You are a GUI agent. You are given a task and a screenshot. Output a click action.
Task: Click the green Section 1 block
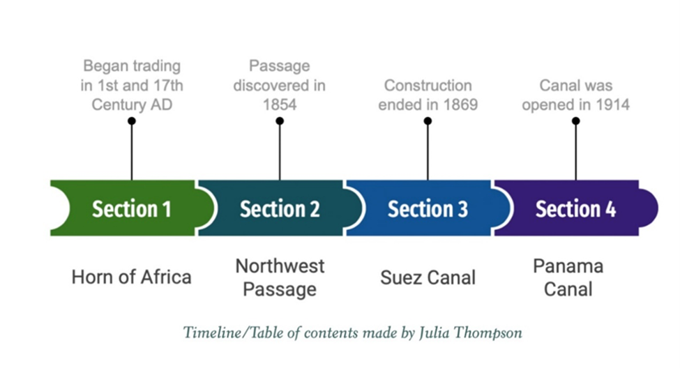point(131,208)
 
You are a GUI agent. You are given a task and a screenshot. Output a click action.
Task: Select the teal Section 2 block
point(280,208)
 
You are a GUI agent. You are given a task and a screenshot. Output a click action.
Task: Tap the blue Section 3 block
point(428,208)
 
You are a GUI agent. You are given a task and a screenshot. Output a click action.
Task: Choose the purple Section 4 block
point(575,208)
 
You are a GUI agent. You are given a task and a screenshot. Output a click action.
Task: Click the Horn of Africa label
point(131,277)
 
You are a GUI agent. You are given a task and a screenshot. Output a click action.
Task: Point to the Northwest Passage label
point(280,277)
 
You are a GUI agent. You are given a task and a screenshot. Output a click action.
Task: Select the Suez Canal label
point(428,277)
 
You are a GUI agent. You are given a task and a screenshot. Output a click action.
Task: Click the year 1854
point(280,105)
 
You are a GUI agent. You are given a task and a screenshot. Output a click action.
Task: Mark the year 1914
point(612,105)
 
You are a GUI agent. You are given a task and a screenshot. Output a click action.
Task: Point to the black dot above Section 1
point(131,121)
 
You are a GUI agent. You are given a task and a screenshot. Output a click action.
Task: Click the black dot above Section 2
point(280,121)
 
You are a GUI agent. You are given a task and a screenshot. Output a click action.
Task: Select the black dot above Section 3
point(428,121)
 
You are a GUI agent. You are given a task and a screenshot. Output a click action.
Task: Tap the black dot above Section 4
point(575,121)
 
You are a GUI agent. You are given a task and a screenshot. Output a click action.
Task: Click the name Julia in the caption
point(434,332)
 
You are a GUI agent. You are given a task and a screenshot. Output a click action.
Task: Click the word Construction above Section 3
point(428,86)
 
